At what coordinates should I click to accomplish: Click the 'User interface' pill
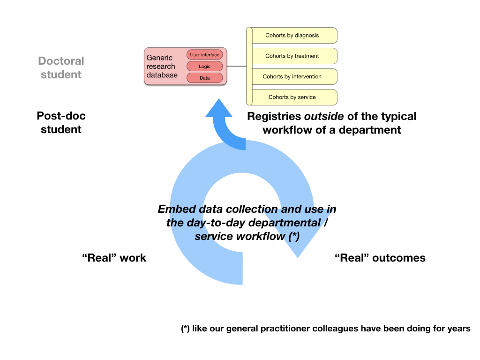click(x=204, y=55)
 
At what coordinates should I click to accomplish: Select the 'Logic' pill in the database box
click(x=204, y=67)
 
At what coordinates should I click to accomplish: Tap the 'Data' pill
click(x=204, y=78)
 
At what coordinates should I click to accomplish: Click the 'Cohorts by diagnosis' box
click(x=292, y=35)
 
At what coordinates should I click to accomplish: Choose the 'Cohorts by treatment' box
click(x=292, y=56)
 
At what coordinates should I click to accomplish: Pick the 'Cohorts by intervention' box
click(x=292, y=76)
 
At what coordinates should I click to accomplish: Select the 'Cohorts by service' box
click(x=292, y=97)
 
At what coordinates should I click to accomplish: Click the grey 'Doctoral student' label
click(x=61, y=67)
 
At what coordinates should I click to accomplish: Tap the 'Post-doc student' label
click(x=61, y=122)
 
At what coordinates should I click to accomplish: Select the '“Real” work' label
click(x=114, y=258)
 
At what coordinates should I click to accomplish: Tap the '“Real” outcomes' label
click(x=380, y=258)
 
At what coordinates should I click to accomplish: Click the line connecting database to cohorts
click(x=237, y=66)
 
